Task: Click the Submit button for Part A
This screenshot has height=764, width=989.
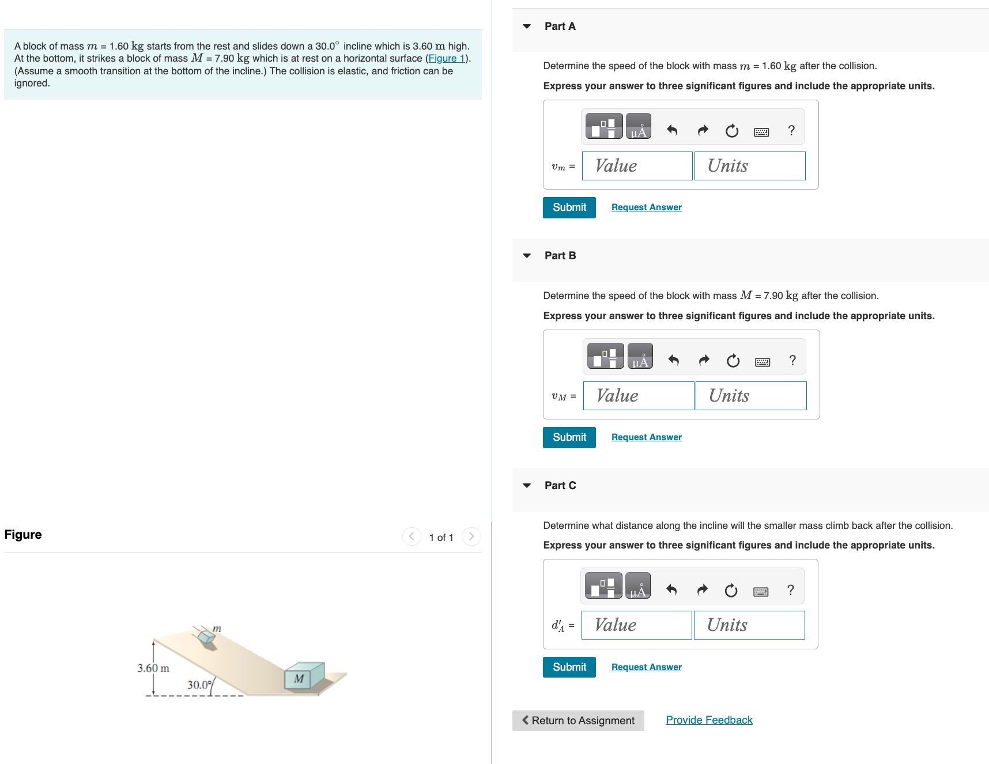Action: [x=569, y=207]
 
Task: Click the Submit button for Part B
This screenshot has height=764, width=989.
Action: [x=569, y=437]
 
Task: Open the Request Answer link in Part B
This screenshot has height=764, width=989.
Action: [x=646, y=437]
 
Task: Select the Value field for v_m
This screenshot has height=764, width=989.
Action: [x=637, y=166]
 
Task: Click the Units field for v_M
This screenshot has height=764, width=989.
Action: [x=750, y=396]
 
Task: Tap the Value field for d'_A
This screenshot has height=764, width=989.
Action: [x=636, y=625]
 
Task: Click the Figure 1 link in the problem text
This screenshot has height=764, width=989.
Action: [x=446, y=58]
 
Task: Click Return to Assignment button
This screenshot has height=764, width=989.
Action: [x=578, y=720]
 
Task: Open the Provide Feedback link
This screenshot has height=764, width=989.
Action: [x=709, y=720]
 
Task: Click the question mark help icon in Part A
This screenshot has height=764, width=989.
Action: [x=791, y=131]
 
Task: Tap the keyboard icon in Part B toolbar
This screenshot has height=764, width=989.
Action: [x=762, y=361]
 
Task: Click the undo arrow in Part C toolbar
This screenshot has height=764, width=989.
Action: [x=671, y=590]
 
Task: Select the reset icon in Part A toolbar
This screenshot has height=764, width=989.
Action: [x=732, y=131]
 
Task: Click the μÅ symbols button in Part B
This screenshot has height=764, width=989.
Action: [x=640, y=356]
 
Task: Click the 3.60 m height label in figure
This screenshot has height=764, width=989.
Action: [x=153, y=668]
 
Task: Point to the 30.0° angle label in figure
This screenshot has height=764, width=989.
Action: [x=199, y=684]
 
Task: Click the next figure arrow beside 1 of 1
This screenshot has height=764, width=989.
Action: [x=471, y=536]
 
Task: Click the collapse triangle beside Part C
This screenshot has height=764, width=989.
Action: [x=527, y=486]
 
